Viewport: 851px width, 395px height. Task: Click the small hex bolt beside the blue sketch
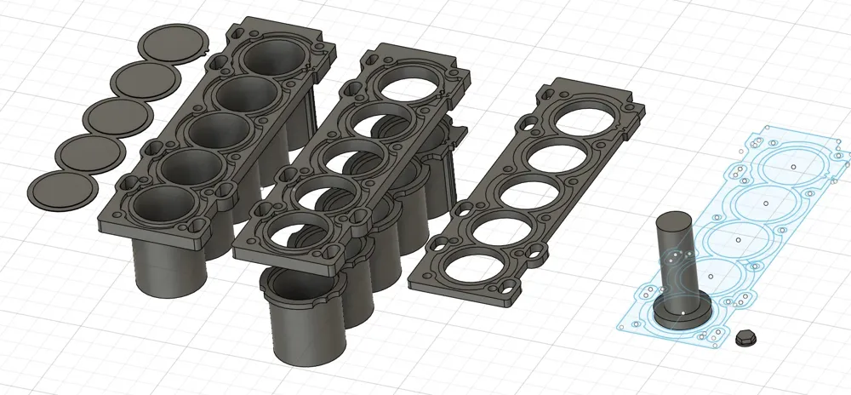[x=744, y=337]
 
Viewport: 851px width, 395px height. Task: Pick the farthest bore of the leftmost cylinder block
[x=275, y=58]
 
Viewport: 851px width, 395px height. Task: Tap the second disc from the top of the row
[x=146, y=79]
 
